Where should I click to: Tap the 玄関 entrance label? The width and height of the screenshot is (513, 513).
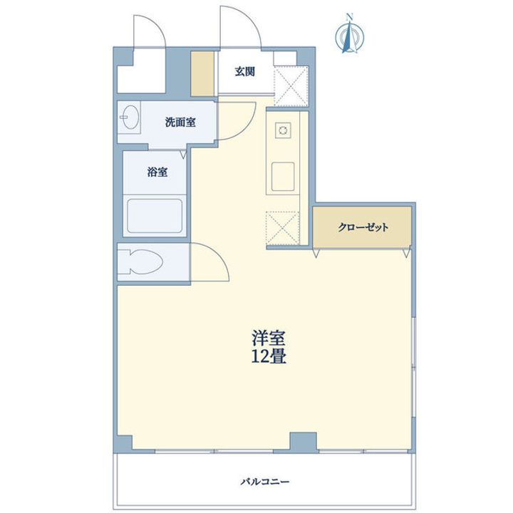245,71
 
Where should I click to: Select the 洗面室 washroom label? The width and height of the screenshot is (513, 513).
180,122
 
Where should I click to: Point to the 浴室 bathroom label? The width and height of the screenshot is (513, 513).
157,172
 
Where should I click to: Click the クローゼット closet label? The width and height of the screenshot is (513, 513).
363,228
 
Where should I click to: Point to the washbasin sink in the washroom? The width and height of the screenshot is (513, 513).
131,120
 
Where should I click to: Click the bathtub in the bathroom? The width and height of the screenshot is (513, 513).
155,216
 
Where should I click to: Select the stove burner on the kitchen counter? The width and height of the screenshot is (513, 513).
284,130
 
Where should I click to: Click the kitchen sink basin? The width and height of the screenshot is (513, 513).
283,176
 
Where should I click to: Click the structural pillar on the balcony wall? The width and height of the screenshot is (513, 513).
301,442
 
